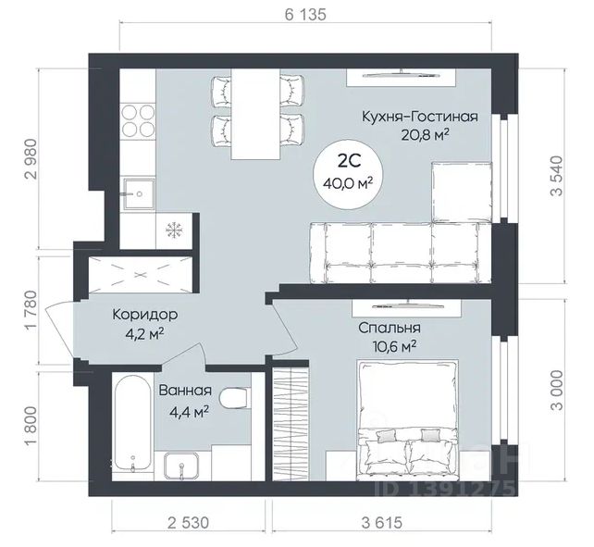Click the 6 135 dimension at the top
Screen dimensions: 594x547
pos(305,15)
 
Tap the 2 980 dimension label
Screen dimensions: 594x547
pos(31,159)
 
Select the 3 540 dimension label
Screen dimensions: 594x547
pos(557,176)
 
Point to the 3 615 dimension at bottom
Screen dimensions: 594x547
pos(381,523)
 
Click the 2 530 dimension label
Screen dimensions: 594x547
pos(188,523)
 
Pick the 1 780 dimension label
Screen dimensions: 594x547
pos(31,310)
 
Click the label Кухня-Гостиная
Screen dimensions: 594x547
pos(420,117)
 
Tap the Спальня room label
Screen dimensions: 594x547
pos(390,328)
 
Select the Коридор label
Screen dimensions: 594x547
pos(145,315)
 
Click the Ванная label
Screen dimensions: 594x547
pos(185,391)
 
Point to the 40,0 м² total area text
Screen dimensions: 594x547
pos(348,183)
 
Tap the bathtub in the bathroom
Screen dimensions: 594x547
pos(132,423)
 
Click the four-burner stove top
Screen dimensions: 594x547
pos(138,120)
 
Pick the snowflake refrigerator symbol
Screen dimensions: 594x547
pos(174,230)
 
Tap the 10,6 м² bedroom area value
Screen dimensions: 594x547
pos(393,346)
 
